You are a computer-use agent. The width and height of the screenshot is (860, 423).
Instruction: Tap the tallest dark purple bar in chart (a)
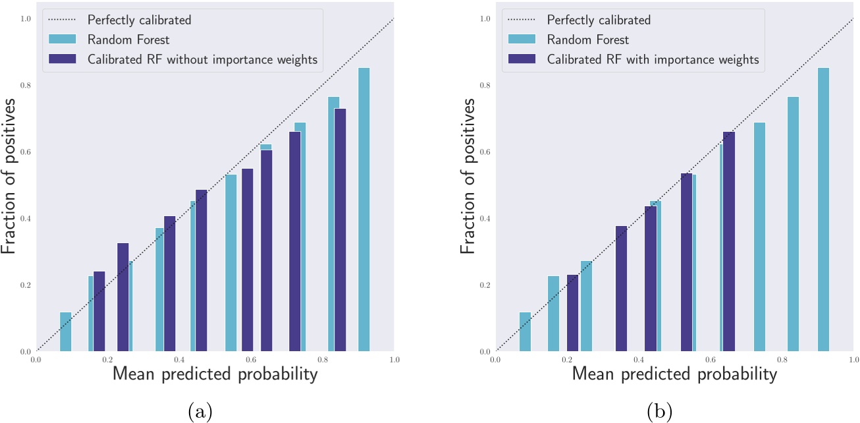[340, 230]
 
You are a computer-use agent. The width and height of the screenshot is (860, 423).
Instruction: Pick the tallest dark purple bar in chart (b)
[729, 241]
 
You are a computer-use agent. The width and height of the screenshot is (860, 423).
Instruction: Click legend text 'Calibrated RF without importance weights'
[202, 59]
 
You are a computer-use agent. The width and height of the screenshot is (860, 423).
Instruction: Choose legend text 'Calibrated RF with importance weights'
[653, 59]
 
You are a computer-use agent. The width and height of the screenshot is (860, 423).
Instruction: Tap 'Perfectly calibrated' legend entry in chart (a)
[139, 20]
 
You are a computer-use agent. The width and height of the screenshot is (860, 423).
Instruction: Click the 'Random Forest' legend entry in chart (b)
[588, 40]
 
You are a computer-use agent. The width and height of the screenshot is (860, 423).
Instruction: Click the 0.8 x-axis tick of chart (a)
[323, 360]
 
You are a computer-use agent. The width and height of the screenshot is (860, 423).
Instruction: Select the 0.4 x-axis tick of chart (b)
[639, 360]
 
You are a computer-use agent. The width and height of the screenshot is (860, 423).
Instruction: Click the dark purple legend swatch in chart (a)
[63, 59]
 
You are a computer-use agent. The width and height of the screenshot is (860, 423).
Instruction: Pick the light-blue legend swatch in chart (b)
[522, 40]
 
